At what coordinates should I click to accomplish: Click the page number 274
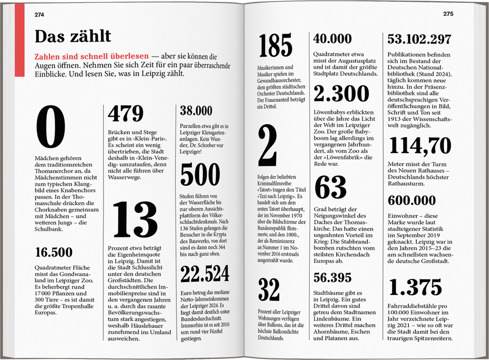(39, 14)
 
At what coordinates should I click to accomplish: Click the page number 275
(448, 14)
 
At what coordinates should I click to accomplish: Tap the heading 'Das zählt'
(72, 36)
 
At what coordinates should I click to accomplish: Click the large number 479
(126, 114)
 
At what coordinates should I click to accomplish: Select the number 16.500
(53, 252)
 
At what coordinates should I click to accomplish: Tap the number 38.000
(196, 111)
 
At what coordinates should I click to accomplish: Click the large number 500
(200, 174)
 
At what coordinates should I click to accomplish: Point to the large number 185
(275, 46)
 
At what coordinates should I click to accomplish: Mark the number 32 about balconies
(269, 290)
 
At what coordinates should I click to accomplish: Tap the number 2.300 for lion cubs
(341, 94)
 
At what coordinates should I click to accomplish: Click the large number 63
(330, 187)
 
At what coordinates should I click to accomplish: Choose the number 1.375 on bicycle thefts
(415, 287)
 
